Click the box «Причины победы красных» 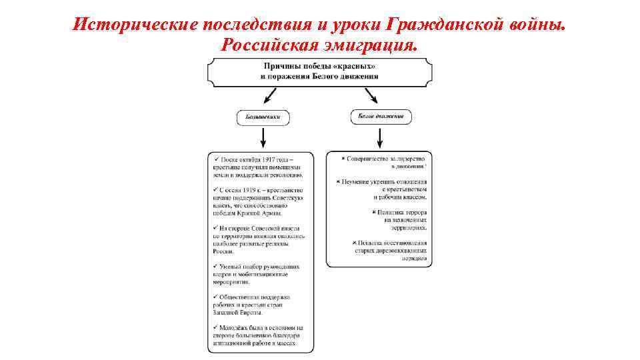tap(320, 71)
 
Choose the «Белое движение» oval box tap(380, 117)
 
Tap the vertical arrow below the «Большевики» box tap(263, 137)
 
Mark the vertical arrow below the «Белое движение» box tap(380, 137)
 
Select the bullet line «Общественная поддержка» tap(257, 297)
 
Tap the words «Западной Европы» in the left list tap(238, 312)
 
